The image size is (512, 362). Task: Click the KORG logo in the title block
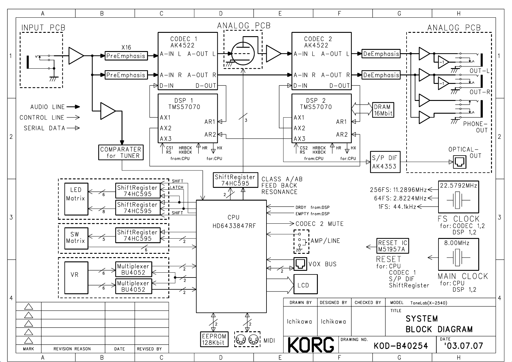[x=311, y=345]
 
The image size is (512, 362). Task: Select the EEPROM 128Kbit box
[x=214, y=340]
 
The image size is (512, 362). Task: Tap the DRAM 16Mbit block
[x=383, y=110]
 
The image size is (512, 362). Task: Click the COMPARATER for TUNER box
[x=121, y=152]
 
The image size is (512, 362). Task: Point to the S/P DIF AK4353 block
[x=385, y=162]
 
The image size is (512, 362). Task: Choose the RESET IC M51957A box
[x=393, y=246]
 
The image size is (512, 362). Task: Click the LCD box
[x=305, y=284]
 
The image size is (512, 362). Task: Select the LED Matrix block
[x=76, y=199]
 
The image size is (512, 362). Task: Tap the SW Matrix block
[x=76, y=238]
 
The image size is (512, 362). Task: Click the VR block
[x=76, y=278]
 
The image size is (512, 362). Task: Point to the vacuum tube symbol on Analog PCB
[x=243, y=53]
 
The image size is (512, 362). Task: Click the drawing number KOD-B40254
[x=401, y=346]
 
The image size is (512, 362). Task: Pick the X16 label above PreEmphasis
[x=126, y=47]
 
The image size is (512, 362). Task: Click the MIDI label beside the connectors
[x=269, y=341]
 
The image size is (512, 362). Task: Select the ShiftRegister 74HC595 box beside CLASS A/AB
[x=235, y=180]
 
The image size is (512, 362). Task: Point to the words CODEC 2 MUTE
[x=319, y=224]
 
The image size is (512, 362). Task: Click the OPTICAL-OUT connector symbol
[x=459, y=162]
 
